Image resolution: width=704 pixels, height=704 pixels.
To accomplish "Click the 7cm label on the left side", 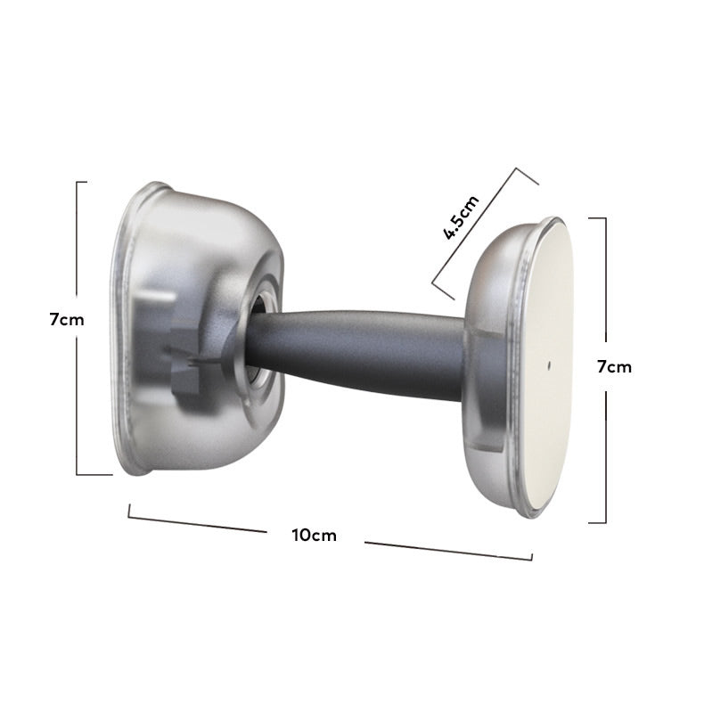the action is [x=67, y=320].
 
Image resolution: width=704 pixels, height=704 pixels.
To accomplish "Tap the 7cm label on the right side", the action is [x=614, y=367].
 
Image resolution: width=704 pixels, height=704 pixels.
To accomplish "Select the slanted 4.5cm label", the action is [x=462, y=217].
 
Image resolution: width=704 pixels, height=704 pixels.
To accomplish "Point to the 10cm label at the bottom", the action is [x=314, y=536].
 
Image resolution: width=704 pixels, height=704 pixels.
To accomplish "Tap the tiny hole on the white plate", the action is [x=549, y=365].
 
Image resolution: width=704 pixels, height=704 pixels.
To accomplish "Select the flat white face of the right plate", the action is [x=552, y=364].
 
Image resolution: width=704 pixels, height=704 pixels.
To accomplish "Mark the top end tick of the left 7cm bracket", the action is [x=82, y=183].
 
